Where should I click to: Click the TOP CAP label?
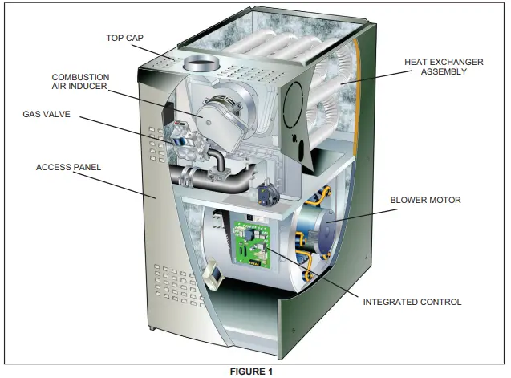(x=124, y=38)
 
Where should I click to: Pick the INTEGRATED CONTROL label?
(x=412, y=302)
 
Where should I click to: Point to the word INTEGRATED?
(x=391, y=302)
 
